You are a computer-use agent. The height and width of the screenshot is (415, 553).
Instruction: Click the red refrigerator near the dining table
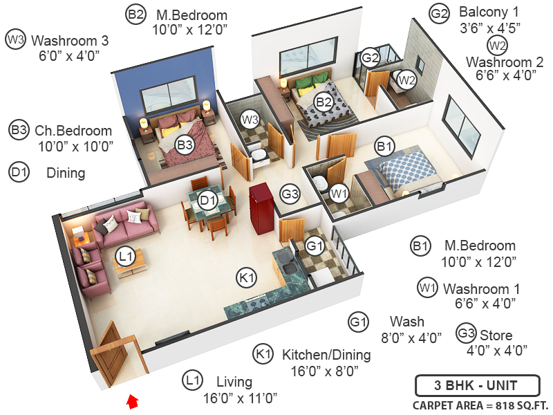pos(261,204)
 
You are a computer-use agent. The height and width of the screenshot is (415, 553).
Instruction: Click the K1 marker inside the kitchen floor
pos(247,278)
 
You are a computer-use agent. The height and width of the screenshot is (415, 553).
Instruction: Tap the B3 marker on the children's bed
pos(184,145)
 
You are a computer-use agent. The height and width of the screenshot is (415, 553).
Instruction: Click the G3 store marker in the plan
pos(290,194)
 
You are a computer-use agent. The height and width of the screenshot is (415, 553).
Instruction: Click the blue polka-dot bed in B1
pos(408,169)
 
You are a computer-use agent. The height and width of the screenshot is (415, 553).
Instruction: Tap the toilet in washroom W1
pos(320,184)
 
